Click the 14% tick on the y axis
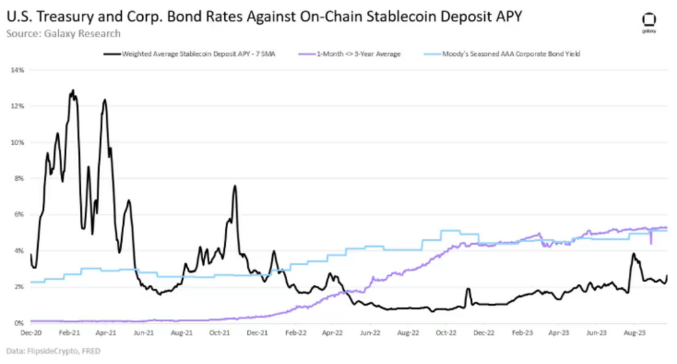click(19, 70)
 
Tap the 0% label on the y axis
click(20, 323)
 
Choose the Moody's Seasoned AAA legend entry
click(510, 53)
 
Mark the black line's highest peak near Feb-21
click(72, 89)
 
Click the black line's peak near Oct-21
click(234, 186)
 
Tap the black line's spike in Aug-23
click(633, 254)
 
